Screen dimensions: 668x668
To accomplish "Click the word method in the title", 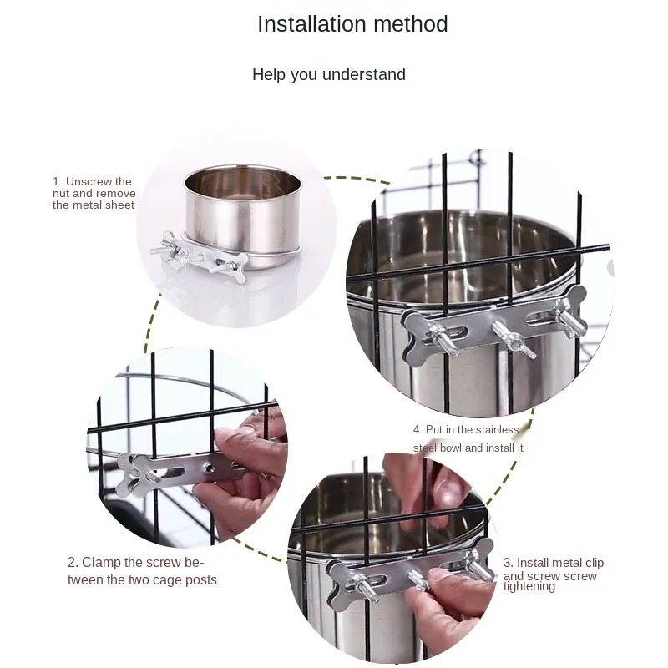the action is tap(411, 24).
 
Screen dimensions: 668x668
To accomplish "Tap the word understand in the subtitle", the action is tap(364, 74).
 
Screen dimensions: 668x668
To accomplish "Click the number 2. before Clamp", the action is tap(73, 562).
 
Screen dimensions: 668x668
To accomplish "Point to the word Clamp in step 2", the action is tap(101, 562).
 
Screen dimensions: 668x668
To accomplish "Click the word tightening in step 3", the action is tap(529, 587).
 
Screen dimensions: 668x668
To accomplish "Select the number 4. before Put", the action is tap(417, 429).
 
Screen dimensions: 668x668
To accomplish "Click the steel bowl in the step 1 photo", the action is tap(242, 217).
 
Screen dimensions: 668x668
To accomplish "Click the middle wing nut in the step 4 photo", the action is tap(514, 339).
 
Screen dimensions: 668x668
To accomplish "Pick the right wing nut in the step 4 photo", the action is tap(569, 316).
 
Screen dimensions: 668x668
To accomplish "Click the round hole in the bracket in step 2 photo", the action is tap(208, 467).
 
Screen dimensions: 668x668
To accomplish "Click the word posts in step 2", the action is tap(201, 580).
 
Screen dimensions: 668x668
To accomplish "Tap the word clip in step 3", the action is tap(595, 563).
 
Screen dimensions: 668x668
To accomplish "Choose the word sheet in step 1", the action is tap(119, 205).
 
